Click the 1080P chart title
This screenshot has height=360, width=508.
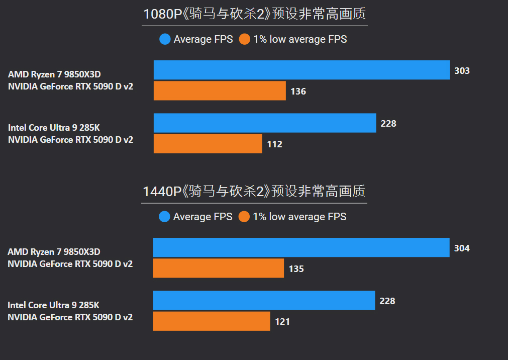click(x=254, y=14)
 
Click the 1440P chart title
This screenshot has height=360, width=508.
click(x=254, y=192)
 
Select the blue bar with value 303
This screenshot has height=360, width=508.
click(x=301, y=70)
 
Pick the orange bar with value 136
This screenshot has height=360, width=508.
click(x=220, y=91)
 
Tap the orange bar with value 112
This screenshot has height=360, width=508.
click(x=208, y=144)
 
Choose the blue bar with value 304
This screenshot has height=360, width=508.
click(x=301, y=248)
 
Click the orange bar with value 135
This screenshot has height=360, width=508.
click(x=219, y=268)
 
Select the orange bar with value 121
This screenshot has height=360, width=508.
click(x=212, y=321)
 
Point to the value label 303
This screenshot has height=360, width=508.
click(x=462, y=71)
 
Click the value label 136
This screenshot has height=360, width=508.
click(x=298, y=92)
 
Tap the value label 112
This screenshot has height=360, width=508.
click(x=274, y=144)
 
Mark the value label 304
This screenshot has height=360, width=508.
click(x=461, y=248)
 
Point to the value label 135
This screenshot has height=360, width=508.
click(x=296, y=269)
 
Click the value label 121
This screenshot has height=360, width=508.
click(x=282, y=322)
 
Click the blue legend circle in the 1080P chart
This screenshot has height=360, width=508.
click(x=165, y=39)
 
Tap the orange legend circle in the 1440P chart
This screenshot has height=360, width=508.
click(x=244, y=217)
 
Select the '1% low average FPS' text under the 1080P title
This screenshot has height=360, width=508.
click(x=300, y=39)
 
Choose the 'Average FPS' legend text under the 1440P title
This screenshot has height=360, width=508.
click(x=202, y=217)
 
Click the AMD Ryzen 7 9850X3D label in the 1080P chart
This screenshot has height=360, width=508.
click(x=58, y=74)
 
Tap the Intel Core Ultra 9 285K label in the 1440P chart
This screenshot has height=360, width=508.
click(x=53, y=305)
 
